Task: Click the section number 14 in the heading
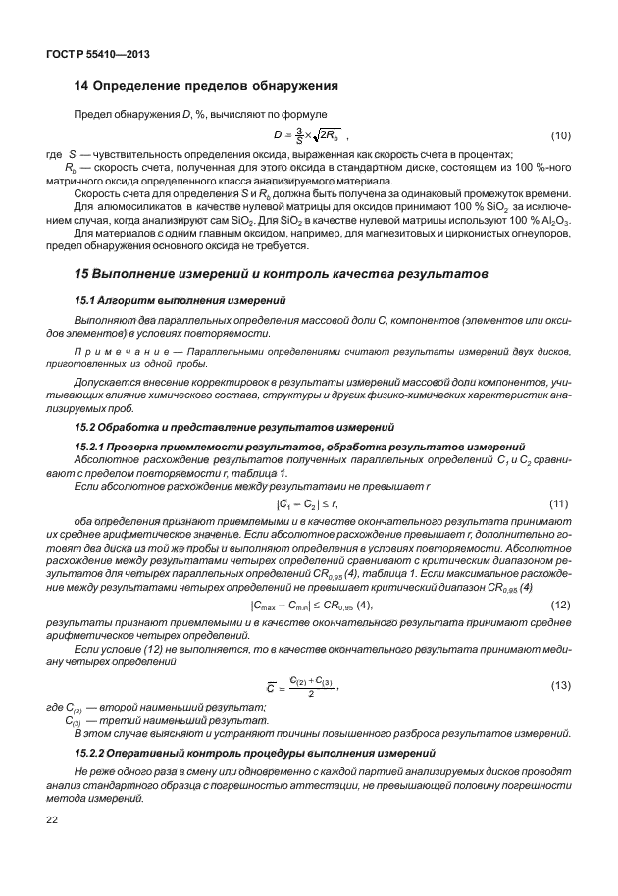[83, 86]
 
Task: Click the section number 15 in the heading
[83, 270]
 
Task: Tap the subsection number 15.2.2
[94, 754]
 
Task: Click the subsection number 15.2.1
[94, 447]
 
